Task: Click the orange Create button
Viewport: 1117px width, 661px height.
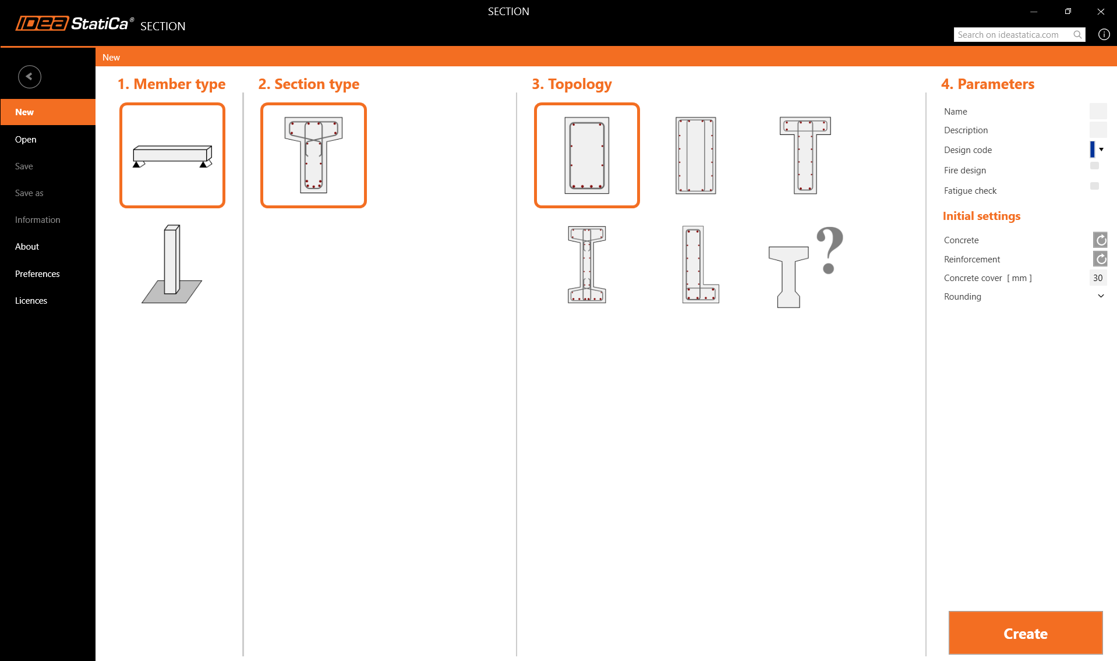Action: [1026, 633]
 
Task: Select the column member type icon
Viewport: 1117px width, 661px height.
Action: [172, 264]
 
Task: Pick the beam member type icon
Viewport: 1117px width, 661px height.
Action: [172, 155]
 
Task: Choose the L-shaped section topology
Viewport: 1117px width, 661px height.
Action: [701, 264]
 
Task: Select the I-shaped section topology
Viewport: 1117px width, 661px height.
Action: [587, 264]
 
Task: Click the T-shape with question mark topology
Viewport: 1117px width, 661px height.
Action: [806, 266]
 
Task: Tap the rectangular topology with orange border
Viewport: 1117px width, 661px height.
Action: [587, 155]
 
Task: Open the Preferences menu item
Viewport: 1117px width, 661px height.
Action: [37, 273]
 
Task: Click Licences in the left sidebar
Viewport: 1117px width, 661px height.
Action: [31, 300]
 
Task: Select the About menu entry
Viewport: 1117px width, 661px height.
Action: [27, 246]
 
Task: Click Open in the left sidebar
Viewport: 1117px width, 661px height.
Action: [26, 139]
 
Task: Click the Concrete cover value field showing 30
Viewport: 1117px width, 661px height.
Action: [1098, 278]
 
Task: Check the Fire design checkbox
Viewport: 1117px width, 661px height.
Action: [1094, 166]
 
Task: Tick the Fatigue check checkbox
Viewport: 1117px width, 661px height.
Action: [1094, 186]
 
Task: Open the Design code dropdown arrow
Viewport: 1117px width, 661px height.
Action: [1101, 150]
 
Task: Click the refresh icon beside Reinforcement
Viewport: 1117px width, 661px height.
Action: [1100, 259]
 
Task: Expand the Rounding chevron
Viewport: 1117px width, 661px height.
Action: [1101, 296]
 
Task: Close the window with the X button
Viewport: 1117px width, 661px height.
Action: [1101, 12]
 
